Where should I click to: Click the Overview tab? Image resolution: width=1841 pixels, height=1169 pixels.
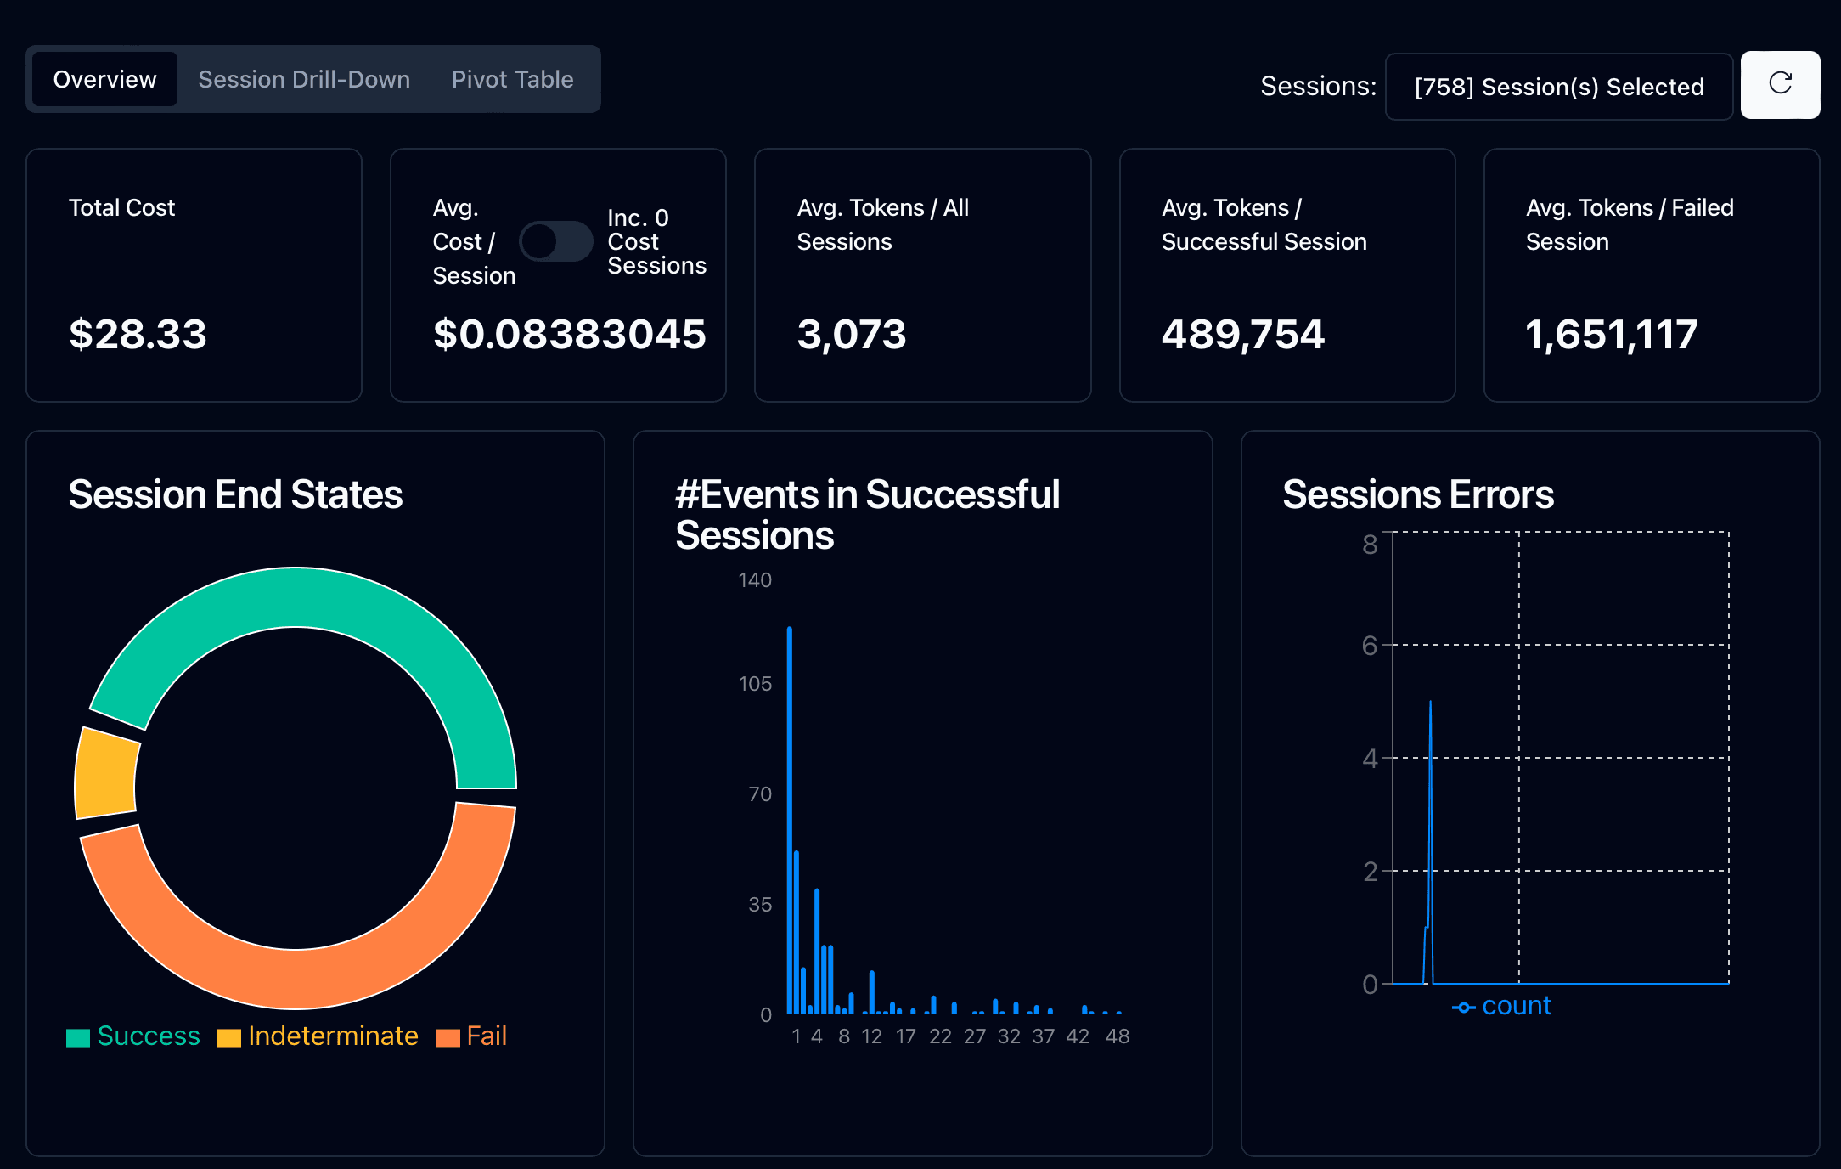(x=104, y=79)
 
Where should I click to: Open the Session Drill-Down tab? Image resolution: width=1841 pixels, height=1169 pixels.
(x=304, y=79)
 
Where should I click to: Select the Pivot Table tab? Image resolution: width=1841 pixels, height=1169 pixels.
(x=512, y=79)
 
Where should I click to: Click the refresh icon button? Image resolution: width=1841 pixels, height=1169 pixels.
(x=1780, y=84)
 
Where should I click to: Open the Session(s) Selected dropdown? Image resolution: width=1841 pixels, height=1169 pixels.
(x=1558, y=87)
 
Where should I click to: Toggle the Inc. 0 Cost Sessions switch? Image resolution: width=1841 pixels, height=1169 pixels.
(x=556, y=241)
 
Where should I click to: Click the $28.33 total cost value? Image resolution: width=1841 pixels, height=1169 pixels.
(x=138, y=334)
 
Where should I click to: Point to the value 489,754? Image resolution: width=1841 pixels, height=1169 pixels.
(x=1242, y=335)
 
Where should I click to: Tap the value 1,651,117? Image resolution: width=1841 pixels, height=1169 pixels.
(x=1611, y=335)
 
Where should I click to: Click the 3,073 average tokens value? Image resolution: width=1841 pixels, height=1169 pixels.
(x=852, y=335)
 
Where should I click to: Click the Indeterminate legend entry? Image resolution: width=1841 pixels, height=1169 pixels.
(x=318, y=1036)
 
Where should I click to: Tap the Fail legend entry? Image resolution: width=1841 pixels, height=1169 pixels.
(x=471, y=1036)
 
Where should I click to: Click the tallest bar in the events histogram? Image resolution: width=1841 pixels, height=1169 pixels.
(x=790, y=820)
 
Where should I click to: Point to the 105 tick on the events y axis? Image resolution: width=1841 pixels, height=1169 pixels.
(x=755, y=684)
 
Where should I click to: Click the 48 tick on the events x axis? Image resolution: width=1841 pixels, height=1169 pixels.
(x=1118, y=1036)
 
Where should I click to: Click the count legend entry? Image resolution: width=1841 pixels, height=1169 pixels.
(x=1501, y=1007)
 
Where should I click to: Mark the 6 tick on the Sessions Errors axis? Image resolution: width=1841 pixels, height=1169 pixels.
(x=1370, y=646)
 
